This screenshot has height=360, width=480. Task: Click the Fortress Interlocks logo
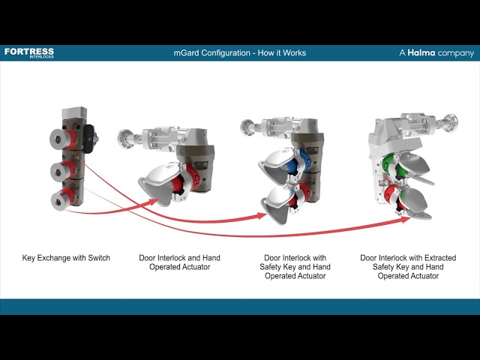(28, 52)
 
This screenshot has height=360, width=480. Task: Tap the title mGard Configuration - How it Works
(239, 53)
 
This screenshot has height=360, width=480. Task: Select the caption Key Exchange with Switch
(66, 258)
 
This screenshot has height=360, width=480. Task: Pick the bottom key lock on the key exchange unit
(58, 200)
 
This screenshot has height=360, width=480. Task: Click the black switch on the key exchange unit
(91, 137)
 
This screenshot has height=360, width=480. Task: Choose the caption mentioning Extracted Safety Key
(408, 267)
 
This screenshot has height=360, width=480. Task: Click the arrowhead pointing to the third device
(262, 216)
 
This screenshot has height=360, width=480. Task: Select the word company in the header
(457, 53)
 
